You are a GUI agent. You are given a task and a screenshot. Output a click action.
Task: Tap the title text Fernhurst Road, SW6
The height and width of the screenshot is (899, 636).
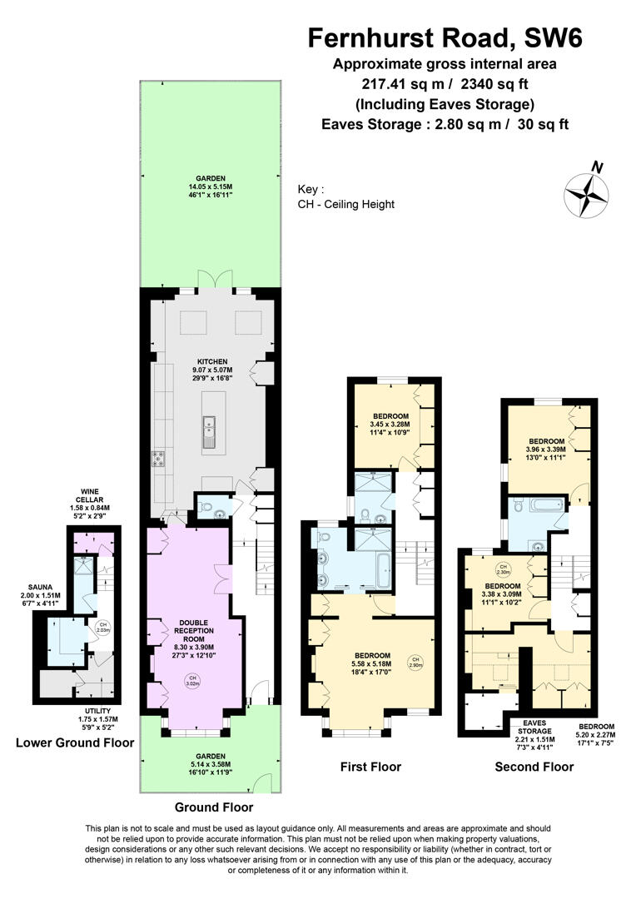tap(445, 38)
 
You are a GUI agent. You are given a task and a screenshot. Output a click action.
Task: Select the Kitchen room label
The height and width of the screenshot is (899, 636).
tap(212, 370)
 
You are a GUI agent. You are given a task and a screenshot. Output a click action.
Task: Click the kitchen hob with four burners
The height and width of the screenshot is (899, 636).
tap(159, 459)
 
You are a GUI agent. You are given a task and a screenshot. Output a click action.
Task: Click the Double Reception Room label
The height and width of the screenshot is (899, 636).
tap(194, 639)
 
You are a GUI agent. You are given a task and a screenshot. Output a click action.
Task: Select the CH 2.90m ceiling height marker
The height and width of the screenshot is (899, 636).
tap(415, 663)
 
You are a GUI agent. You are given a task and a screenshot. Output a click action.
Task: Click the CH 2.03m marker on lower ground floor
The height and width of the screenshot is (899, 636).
tap(102, 628)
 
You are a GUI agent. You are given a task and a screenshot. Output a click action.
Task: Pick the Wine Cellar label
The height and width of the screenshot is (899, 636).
tap(90, 504)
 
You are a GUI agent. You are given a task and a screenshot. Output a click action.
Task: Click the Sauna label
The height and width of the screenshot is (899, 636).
tap(40, 595)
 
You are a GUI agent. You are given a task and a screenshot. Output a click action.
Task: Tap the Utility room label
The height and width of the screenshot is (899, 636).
tap(98, 719)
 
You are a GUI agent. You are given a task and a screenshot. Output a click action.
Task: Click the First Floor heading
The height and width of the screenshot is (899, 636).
tap(370, 767)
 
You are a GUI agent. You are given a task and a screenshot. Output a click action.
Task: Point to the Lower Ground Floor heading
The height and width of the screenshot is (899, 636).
tap(75, 743)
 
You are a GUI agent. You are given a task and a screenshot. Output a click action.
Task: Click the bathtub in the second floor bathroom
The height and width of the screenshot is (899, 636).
tap(547, 505)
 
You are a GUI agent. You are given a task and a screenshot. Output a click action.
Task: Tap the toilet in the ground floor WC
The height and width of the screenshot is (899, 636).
tap(206, 506)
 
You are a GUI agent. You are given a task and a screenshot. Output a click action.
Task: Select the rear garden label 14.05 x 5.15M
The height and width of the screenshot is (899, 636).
tap(211, 187)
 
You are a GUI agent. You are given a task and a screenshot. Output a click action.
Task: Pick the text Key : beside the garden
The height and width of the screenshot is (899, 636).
tap(311, 189)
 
